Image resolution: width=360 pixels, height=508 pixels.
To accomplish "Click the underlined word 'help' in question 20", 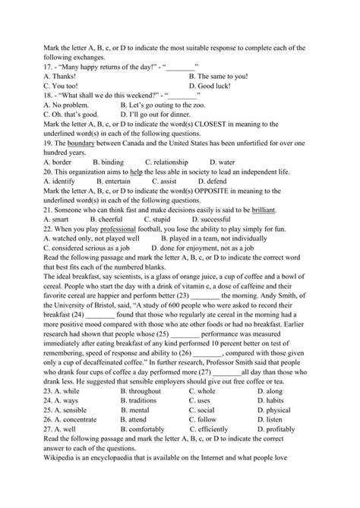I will point(137,172).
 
